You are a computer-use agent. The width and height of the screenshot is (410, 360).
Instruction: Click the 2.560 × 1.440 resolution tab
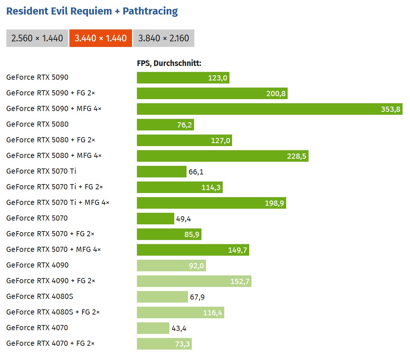37,38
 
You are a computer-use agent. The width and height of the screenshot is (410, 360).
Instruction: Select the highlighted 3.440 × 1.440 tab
101,38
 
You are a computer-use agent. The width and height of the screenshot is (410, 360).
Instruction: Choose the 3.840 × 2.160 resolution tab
163,38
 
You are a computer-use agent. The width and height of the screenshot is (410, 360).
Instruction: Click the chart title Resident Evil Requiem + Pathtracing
92,11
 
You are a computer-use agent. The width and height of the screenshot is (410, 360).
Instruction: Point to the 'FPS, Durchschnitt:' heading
169,63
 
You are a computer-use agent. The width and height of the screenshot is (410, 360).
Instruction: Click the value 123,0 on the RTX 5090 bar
218,78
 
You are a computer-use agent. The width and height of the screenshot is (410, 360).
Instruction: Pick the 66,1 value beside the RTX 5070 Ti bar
196,172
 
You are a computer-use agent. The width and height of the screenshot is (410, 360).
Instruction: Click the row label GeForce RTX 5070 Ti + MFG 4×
58,202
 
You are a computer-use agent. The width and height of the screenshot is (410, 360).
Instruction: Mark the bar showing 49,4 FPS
155,219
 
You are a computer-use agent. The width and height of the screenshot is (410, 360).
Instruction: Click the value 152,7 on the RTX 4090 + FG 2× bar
240,281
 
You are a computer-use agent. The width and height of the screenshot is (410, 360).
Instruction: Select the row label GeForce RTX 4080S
37,296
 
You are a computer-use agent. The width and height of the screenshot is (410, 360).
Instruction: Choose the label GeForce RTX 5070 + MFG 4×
54,249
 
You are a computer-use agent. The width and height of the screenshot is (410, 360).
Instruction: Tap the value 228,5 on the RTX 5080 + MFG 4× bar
297,156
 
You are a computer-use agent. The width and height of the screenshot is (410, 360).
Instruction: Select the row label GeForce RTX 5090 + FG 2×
50,93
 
